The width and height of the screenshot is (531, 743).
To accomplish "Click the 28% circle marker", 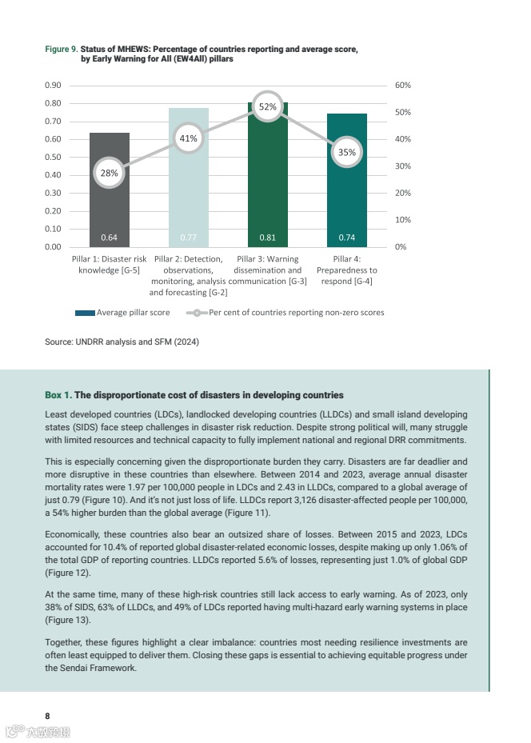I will click(110, 172).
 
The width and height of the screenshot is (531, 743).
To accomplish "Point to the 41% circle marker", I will click(188, 138).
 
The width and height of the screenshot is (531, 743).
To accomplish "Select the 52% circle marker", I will click(267, 106).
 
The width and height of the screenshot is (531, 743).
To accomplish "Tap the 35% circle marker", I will click(346, 152).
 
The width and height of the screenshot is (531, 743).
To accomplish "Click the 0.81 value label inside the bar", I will click(267, 238).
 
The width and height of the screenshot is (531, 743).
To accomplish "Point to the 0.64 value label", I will click(110, 238).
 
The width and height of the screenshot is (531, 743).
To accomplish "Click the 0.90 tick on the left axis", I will click(54, 85).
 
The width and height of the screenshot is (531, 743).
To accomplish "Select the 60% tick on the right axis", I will click(403, 85).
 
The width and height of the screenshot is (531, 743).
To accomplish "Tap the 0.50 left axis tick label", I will click(54, 157).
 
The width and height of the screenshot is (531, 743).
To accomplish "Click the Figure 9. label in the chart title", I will click(61, 50).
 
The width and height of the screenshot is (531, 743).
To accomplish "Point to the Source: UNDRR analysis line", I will click(122, 342).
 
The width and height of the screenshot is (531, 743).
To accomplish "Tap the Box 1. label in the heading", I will click(58, 395).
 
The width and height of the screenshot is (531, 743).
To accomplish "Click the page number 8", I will click(47, 714).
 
